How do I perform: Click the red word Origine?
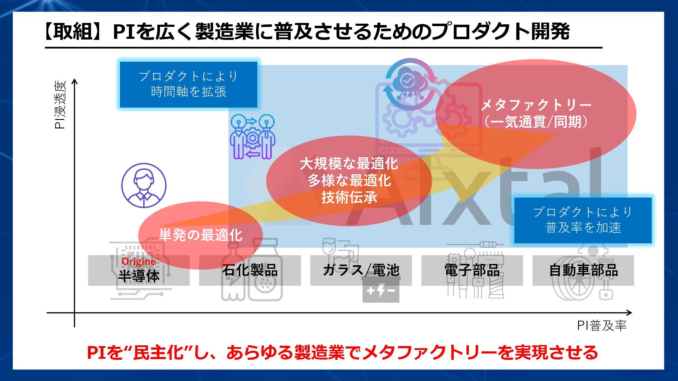139,262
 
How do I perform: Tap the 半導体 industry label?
139,276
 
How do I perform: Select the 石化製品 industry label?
250,270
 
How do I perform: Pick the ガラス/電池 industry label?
361,270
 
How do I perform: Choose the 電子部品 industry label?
472,270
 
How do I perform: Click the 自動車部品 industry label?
583,270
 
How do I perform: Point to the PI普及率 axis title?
602,325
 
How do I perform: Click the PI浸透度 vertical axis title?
60,105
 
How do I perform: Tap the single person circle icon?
144,185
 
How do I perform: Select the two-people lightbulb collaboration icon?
252,137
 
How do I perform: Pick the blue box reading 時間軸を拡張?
189,85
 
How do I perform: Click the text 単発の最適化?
200,235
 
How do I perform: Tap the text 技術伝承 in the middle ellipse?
349,198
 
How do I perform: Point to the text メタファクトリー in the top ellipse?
536,105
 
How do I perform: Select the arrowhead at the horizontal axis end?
629,313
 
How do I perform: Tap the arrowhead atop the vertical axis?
75,82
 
